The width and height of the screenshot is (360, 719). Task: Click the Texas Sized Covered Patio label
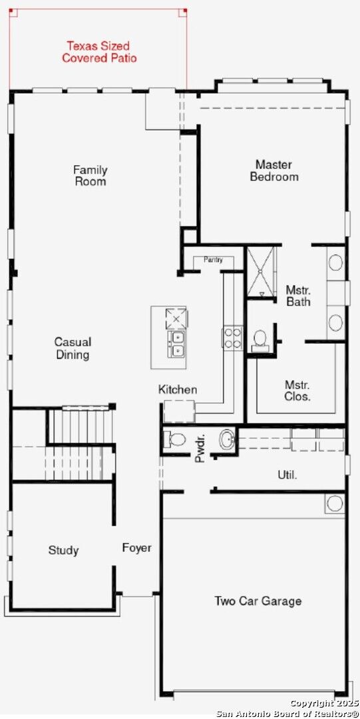point(99,52)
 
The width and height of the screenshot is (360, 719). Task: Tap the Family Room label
point(90,176)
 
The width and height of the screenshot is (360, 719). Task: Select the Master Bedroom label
point(274,170)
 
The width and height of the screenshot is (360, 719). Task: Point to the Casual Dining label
point(73,348)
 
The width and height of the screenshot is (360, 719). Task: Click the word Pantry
point(213,260)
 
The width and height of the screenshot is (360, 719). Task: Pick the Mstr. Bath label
point(299,296)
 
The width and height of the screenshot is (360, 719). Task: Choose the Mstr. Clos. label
point(297,391)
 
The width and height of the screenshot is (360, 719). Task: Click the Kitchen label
point(178,389)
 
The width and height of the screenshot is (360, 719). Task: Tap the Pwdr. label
point(200,452)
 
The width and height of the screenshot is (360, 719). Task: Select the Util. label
point(287,475)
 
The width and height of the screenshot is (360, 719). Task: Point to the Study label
point(64,551)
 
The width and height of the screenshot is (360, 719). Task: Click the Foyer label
point(136,547)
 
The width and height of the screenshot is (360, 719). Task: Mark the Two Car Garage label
point(258,600)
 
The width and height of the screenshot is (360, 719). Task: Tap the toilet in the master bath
point(260,340)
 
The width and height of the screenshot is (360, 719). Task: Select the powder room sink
point(228,440)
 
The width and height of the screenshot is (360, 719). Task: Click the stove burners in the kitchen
point(232,338)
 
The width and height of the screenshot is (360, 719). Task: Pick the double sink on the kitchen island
point(177,344)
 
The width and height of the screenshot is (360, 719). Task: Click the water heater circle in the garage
point(335,504)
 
